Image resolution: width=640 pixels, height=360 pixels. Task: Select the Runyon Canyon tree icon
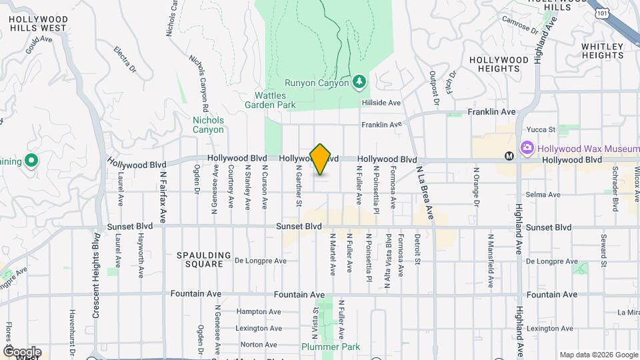(360, 81)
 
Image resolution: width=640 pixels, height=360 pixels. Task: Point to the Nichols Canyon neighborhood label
(208, 125)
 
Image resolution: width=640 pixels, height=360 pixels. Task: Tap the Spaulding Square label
(204, 259)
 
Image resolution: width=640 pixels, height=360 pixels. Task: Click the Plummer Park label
(330, 347)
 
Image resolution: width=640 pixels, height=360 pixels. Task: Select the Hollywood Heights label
(499, 64)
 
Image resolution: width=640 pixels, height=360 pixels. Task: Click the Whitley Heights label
(602, 51)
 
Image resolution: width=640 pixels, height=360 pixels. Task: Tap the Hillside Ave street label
(381, 103)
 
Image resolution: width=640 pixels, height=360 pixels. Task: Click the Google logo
(21, 351)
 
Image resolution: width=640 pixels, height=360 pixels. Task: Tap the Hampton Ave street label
(256, 311)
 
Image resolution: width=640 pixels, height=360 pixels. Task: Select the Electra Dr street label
(125, 59)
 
